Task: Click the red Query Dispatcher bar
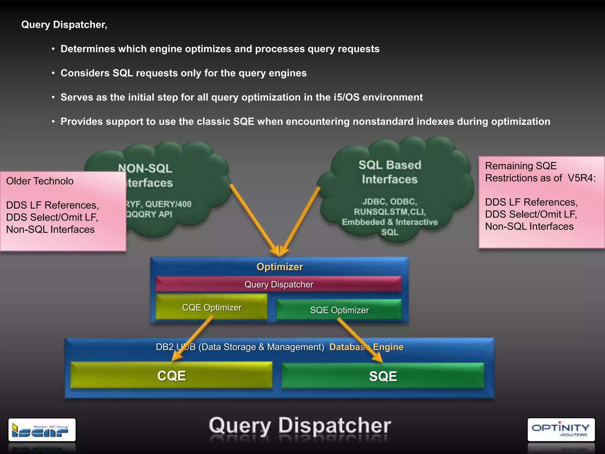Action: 278,284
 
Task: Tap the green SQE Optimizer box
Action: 339,310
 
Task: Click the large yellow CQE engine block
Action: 171,376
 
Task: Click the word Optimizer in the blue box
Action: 279,267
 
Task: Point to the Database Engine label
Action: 366,347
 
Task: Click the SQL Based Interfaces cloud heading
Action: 390,172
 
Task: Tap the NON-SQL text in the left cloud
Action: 145,168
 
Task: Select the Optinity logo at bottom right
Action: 561,429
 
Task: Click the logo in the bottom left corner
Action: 42,429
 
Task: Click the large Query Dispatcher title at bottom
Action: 300,426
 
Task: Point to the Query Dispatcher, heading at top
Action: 64,25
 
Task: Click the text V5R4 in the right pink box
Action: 581,178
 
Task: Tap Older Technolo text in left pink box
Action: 40,181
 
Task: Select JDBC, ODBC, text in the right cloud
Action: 389,202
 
